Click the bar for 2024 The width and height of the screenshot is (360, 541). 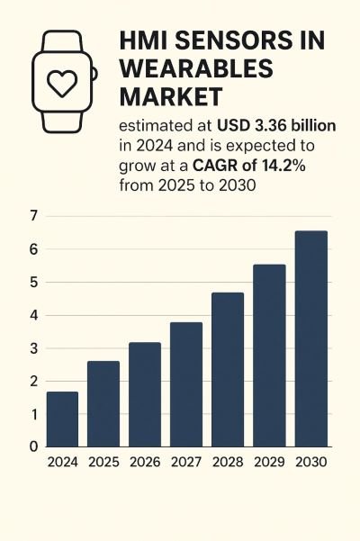(62, 419)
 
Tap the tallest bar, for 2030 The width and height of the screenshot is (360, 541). (311, 338)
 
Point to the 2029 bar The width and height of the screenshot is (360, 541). (269, 355)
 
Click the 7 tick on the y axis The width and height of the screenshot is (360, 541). (33, 216)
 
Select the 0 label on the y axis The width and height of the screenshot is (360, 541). (33, 446)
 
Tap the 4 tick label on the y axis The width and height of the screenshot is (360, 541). (33, 315)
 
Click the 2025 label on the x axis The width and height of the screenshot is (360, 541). (103, 463)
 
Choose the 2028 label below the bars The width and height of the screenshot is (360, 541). (227, 463)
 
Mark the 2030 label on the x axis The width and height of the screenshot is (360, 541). (310, 463)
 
